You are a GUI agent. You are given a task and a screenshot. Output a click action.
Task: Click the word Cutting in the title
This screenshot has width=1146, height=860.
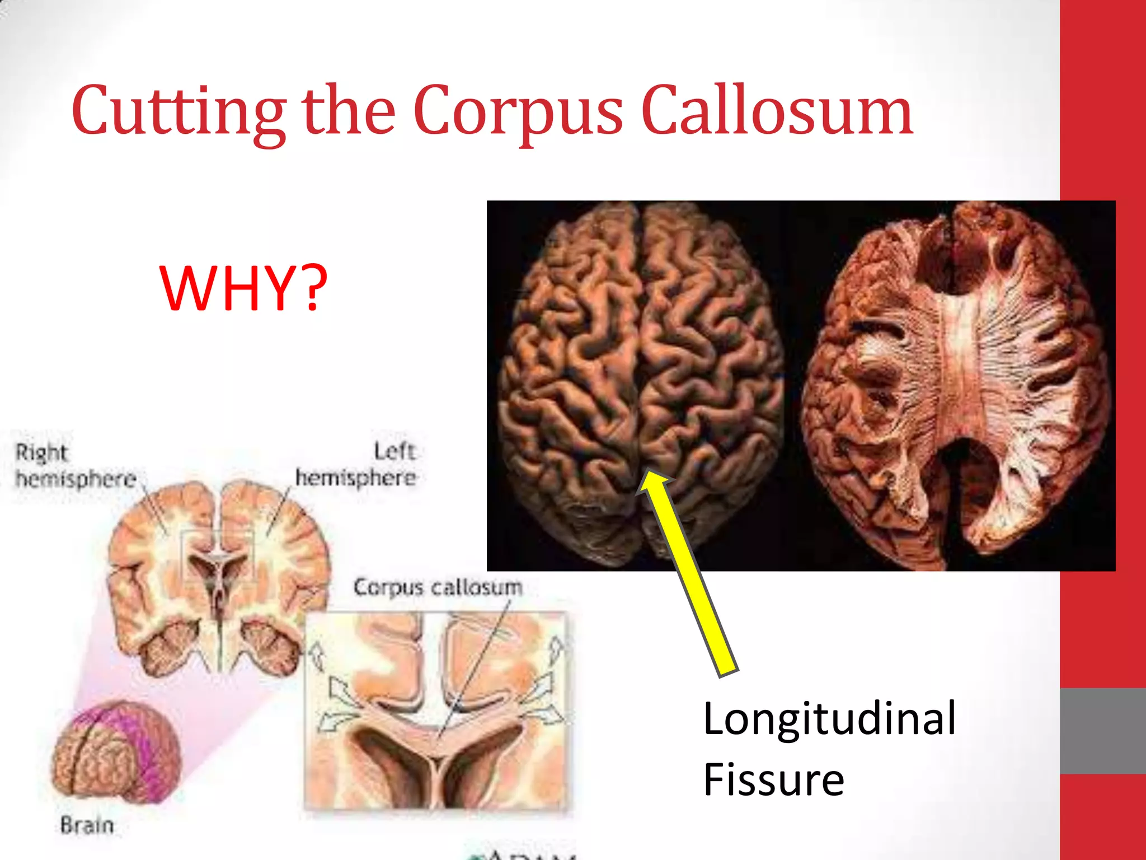tap(179, 112)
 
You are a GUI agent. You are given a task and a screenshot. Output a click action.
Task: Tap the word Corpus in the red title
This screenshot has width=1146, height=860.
tap(518, 112)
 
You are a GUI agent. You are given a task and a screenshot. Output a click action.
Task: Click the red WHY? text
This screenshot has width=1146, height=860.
tap(243, 288)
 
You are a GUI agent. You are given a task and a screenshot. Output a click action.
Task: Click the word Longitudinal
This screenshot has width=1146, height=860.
tap(829, 719)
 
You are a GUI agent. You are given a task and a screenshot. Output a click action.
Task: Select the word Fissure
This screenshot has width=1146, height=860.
tap(773, 779)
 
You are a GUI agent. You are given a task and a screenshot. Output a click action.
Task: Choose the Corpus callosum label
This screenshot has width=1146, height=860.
tap(438, 587)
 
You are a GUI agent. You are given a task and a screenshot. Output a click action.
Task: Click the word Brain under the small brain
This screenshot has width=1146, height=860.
tap(87, 825)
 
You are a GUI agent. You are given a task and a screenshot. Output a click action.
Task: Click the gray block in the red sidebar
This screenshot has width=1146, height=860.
tap(1102, 731)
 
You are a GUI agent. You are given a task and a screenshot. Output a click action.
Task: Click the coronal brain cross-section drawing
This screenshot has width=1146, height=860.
tap(218, 577)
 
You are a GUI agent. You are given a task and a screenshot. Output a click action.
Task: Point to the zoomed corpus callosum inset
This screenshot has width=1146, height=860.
tap(435, 711)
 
